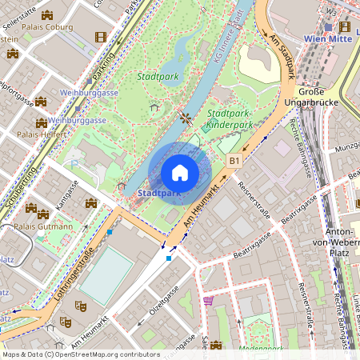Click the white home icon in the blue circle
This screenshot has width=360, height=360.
(180, 172)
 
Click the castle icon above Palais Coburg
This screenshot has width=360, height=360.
(47, 14)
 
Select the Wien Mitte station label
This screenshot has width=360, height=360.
(327, 38)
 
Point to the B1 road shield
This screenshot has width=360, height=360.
(234, 161)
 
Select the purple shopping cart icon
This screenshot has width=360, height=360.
(209, 301)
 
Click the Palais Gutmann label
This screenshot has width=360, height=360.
(44, 226)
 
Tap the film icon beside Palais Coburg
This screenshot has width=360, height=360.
(100, 36)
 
